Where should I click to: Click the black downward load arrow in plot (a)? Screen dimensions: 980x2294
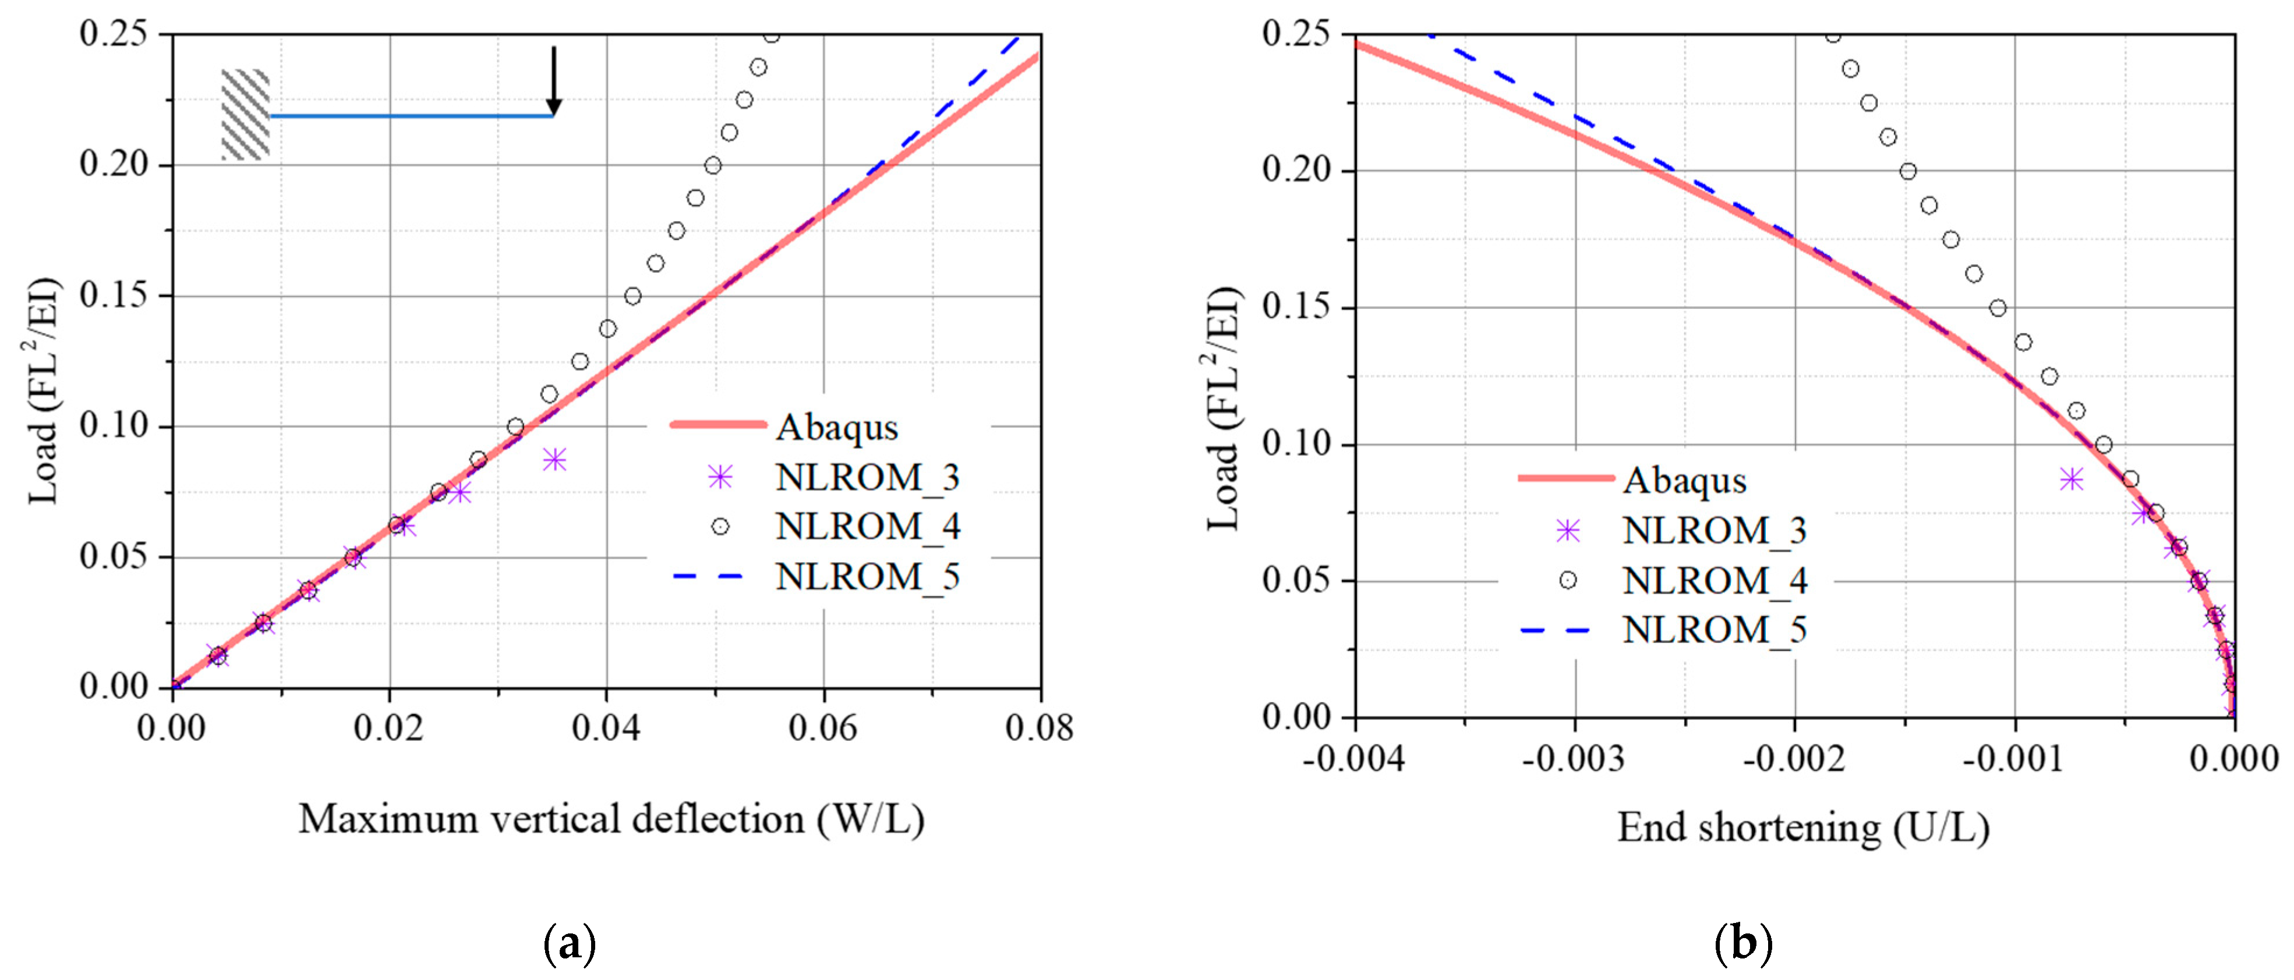(553, 80)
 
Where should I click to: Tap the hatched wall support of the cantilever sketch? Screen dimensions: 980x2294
(245, 115)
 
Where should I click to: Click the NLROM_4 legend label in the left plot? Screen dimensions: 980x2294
(867, 527)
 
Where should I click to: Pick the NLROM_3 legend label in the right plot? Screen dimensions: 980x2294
(1713, 531)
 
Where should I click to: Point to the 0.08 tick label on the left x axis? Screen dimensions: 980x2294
(1038, 728)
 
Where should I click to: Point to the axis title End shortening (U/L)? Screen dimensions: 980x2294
(1802, 828)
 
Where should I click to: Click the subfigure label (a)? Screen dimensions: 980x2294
(569, 943)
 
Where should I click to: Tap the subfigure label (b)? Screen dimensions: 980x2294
(1742, 943)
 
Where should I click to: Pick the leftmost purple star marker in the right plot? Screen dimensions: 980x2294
(2072, 480)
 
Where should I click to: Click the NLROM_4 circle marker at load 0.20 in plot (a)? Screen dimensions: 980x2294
(712, 165)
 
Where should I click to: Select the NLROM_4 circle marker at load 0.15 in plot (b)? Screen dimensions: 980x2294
(1998, 308)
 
